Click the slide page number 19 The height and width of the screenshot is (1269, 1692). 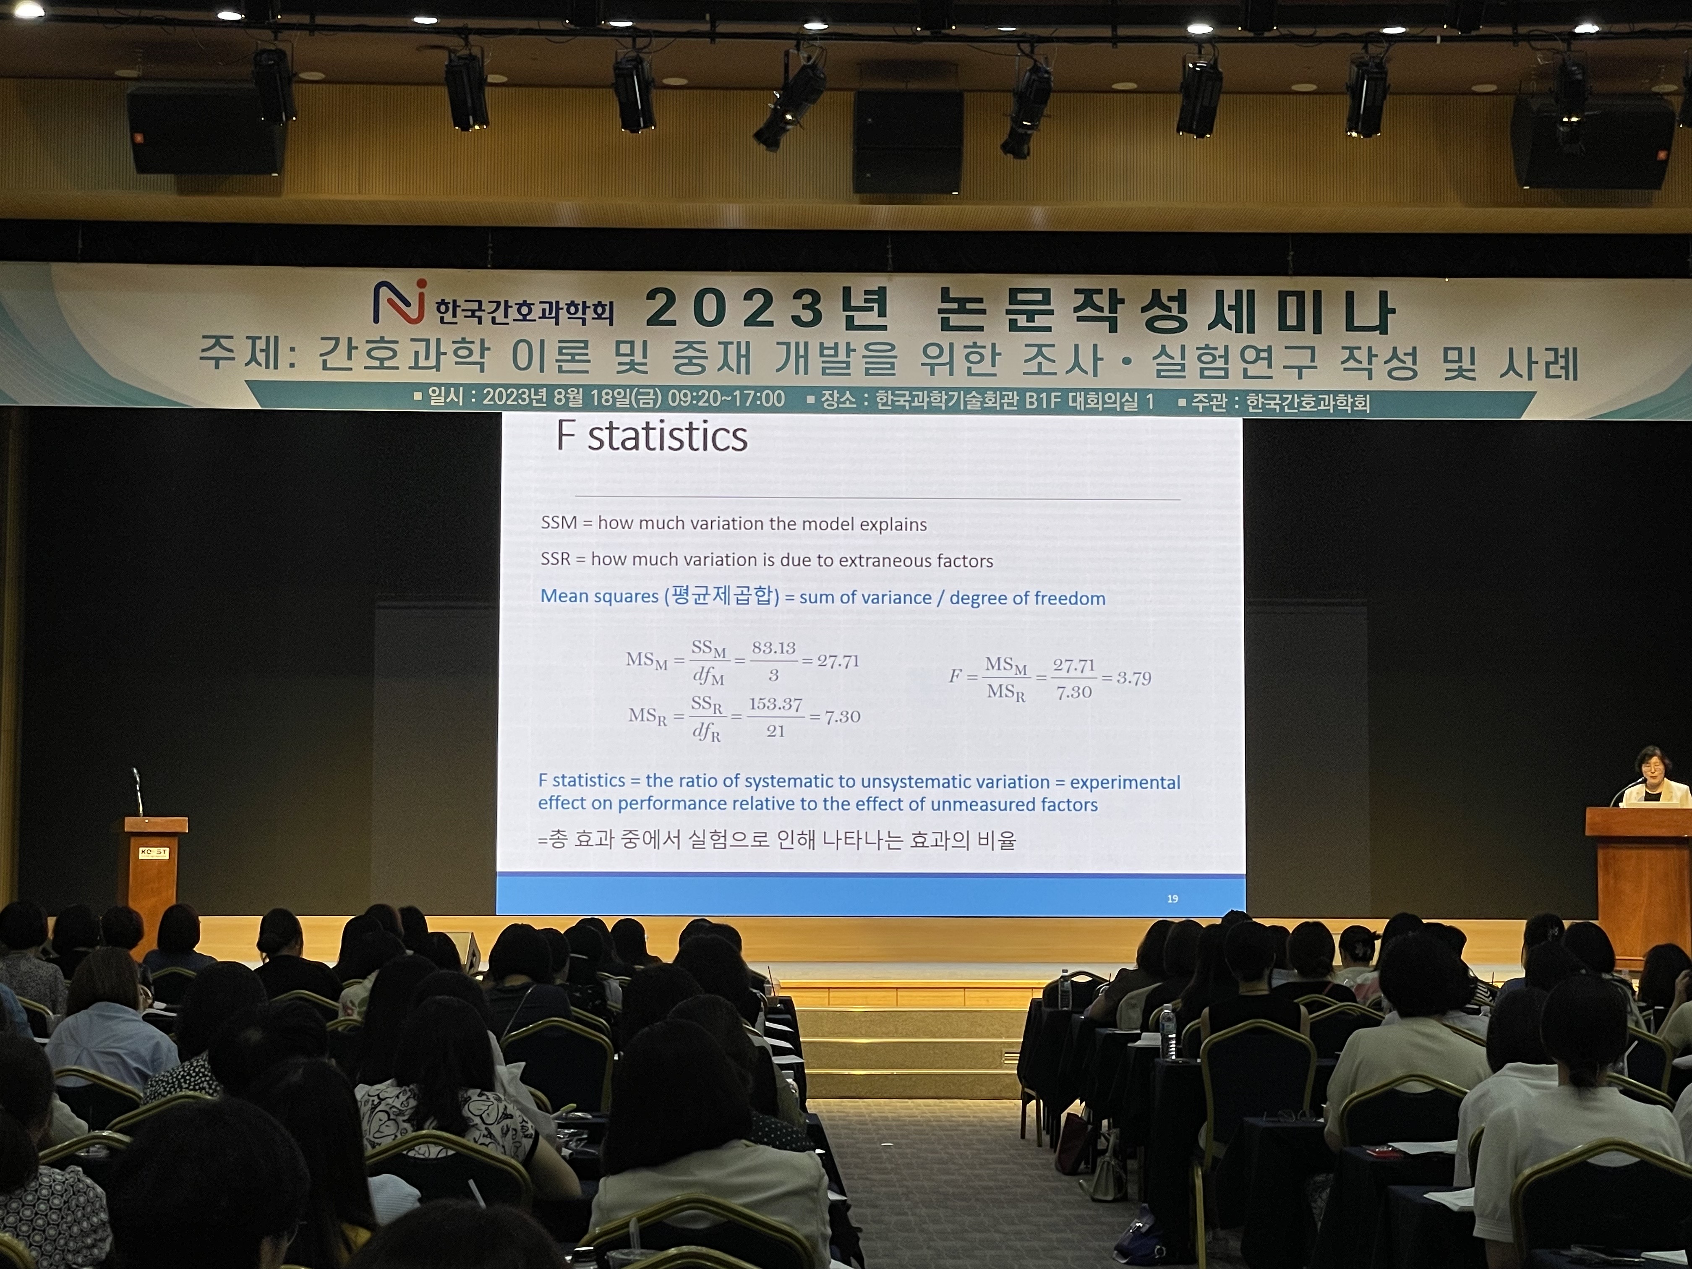[x=1172, y=899]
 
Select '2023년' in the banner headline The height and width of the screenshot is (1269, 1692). [x=767, y=310]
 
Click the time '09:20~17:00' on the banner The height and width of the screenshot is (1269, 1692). [x=726, y=399]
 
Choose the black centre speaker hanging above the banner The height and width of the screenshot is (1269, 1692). [x=908, y=141]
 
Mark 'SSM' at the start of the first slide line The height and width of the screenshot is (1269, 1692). [x=559, y=522]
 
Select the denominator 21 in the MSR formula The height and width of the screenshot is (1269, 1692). [x=775, y=731]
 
